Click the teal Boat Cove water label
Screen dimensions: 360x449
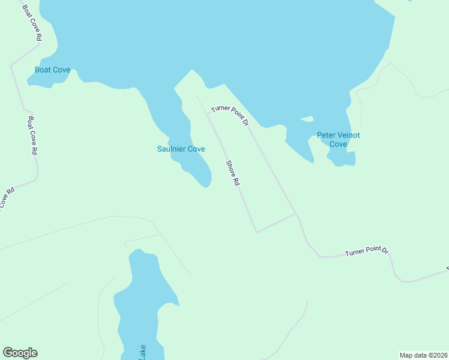coord(52,70)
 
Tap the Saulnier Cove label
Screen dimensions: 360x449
coord(181,149)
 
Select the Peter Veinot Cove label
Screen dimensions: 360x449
coord(338,140)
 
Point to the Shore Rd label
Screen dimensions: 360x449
coord(233,173)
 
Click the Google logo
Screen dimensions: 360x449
coord(20,353)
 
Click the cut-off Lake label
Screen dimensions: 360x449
coord(142,353)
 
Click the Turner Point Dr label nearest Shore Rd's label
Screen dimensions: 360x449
coord(230,115)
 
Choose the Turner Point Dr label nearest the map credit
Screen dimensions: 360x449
coord(367,251)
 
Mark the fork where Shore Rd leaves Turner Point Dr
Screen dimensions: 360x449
coord(208,113)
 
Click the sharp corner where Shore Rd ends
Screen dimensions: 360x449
coord(256,232)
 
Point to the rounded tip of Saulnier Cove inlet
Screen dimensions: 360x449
coord(206,184)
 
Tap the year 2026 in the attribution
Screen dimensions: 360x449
coord(440,355)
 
